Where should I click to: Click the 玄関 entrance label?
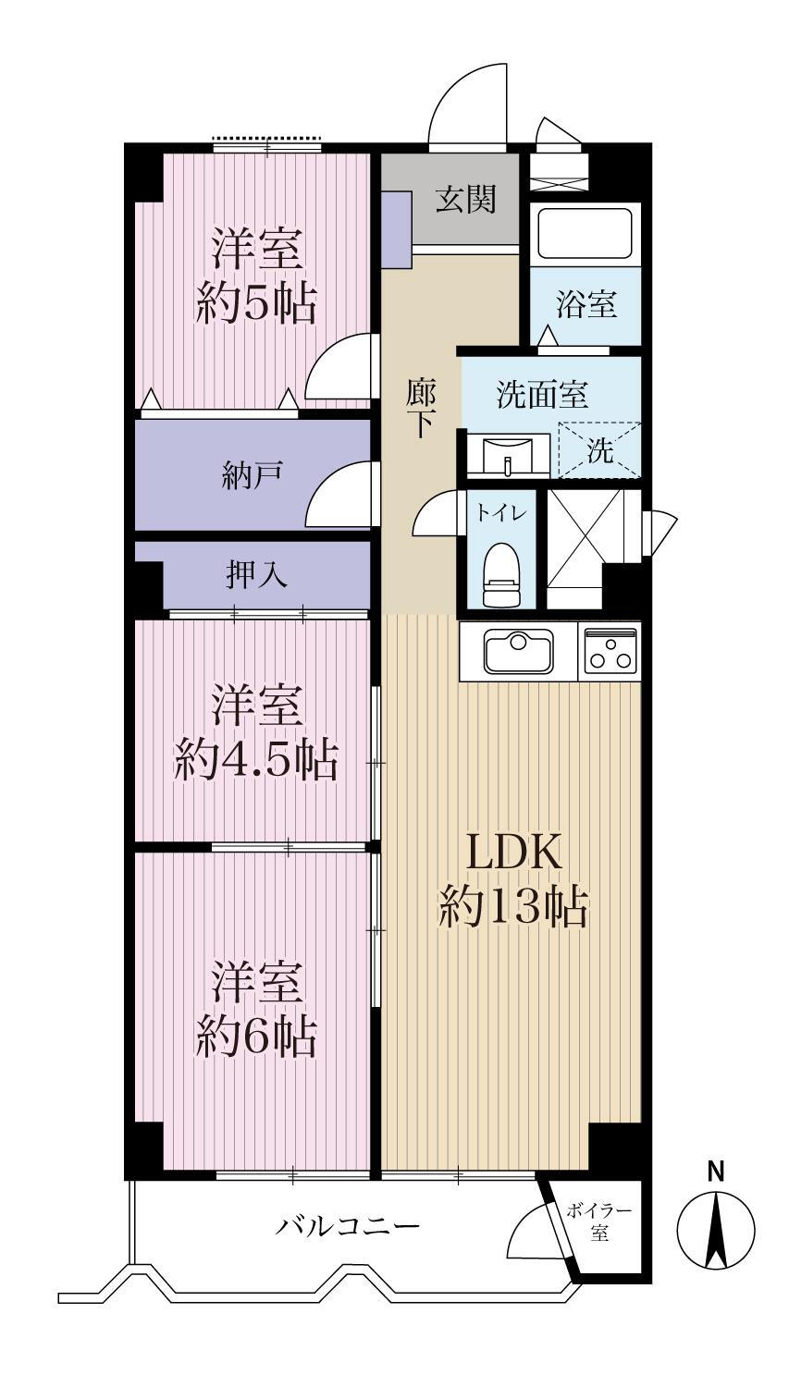pyautogui.click(x=465, y=200)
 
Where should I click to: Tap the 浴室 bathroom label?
pyautogui.click(x=586, y=304)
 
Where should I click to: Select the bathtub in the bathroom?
pyautogui.click(x=586, y=233)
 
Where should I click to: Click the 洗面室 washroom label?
pyautogui.click(x=542, y=395)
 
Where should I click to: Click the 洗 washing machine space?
pyautogui.click(x=600, y=450)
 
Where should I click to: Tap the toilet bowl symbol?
pyautogui.click(x=500, y=574)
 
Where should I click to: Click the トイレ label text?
pyautogui.click(x=501, y=512)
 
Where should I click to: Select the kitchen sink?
pyautogui.click(x=518, y=651)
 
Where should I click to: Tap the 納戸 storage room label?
pyautogui.click(x=253, y=475)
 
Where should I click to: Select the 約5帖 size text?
pyautogui.click(x=256, y=302)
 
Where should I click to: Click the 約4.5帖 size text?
pyautogui.click(x=256, y=759)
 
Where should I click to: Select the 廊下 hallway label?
pyautogui.click(x=421, y=408)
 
